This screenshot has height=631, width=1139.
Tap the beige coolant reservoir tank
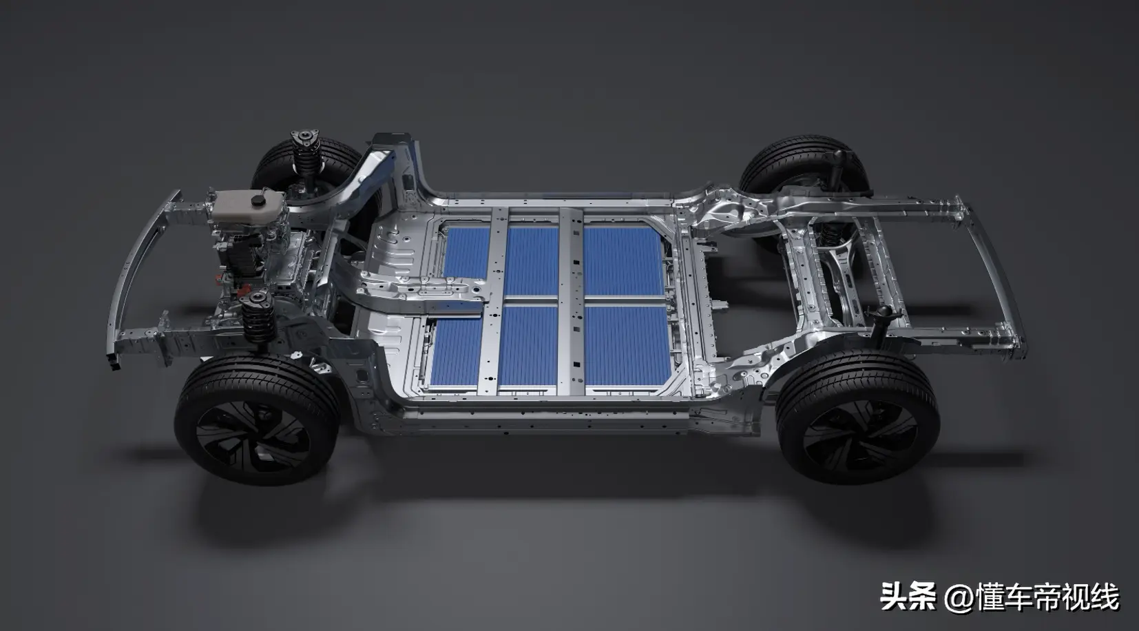point(248,206)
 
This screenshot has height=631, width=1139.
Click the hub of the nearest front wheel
point(253,435)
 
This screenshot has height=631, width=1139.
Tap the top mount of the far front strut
point(305,138)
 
